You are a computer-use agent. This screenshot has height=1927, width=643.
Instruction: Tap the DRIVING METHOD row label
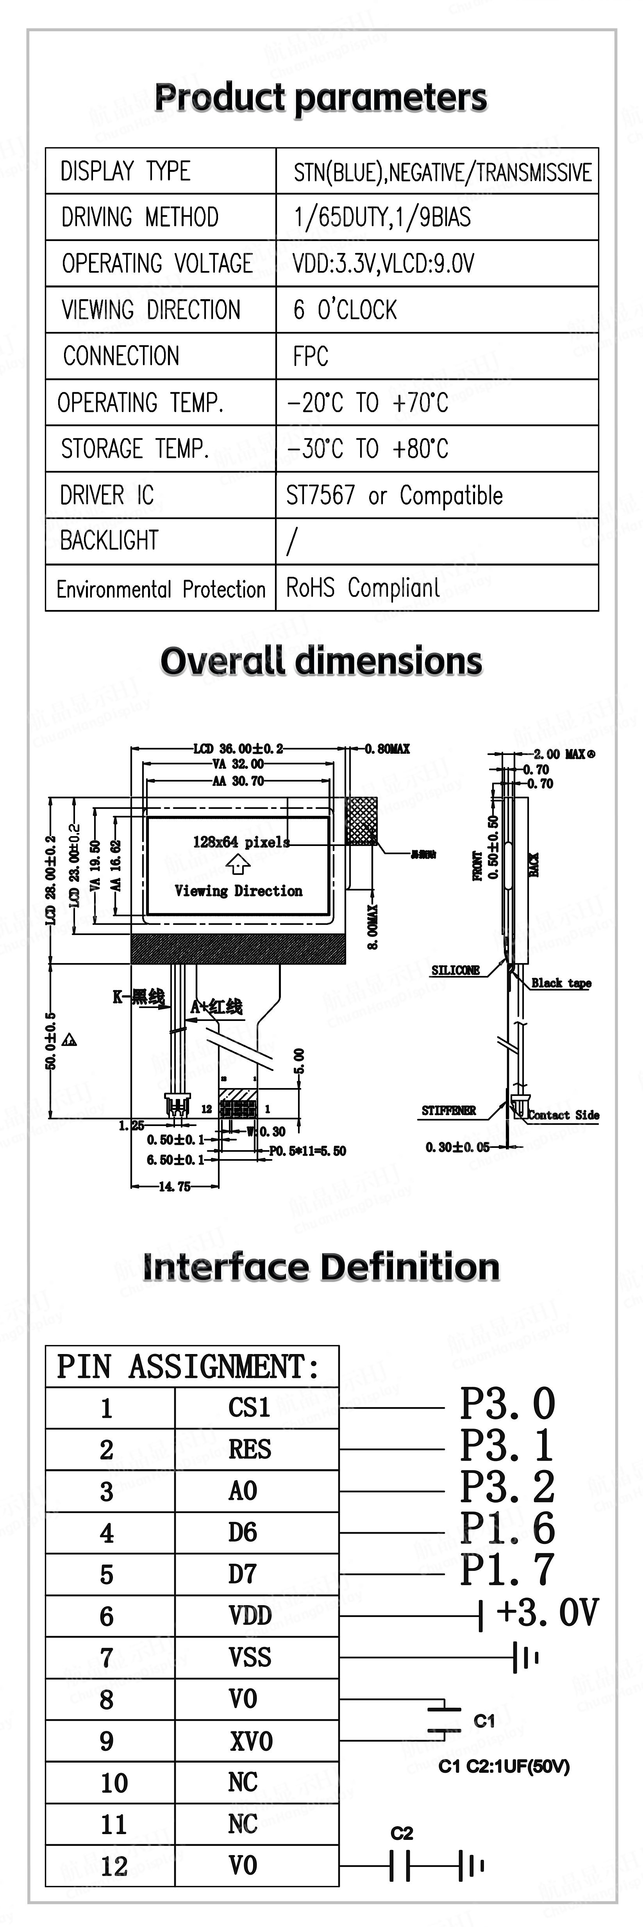click(x=140, y=218)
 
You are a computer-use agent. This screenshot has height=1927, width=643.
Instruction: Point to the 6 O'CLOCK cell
click(x=345, y=310)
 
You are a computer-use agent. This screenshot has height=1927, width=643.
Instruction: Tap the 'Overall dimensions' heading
click(x=321, y=661)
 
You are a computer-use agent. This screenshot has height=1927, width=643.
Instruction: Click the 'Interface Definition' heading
click(x=321, y=1267)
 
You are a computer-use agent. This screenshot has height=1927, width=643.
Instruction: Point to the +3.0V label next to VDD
click(x=547, y=1613)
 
